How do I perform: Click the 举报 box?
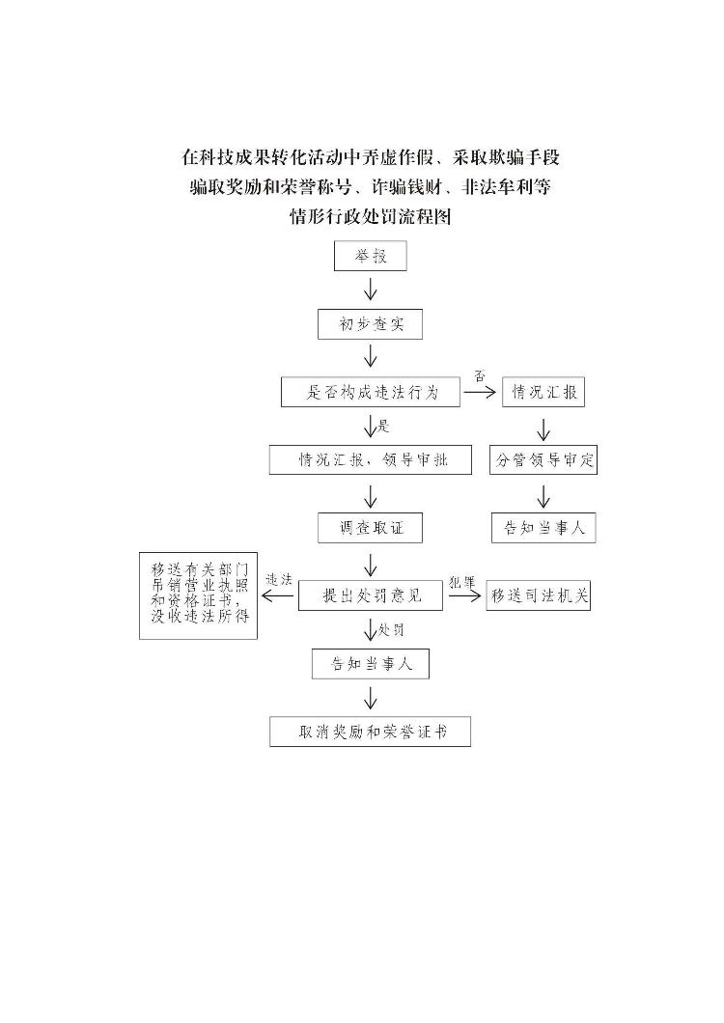pos(371,257)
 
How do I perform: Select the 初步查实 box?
pos(371,324)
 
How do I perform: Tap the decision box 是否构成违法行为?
pos(371,392)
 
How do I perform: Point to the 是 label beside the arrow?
pos(383,426)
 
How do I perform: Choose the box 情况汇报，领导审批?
pos(371,459)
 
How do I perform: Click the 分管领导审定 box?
pos(543,460)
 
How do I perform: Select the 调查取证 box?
pos(371,528)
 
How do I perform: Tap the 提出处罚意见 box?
pos(371,595)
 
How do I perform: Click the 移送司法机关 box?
pos(539,595)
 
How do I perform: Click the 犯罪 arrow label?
pos(462,582)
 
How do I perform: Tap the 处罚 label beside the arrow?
pos(391,630)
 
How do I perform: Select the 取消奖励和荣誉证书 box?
pos(371,732)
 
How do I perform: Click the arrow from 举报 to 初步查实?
pos(371,290)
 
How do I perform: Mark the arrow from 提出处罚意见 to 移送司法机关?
pos(464,596)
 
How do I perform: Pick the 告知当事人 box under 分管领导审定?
pos(543,528)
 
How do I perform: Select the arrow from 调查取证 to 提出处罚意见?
pos(371,563)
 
